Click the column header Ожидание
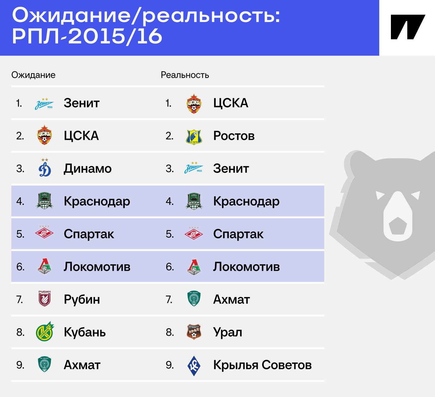pyautogui.click(x=33, y=75)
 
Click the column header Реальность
pyautogui.click(x=185, y=75)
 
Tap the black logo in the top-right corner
pyautogui.click(x=408, y=27)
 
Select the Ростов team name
pyautogui.click(x=234, y=136)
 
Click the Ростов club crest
pyautogui.click(x=194, y=137)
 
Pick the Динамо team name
pyautogui.click(x=88, y=169)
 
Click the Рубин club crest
pyautogui.click(x=44, y=298)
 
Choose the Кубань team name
pyautogui.click(x=85, y=332)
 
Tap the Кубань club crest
pyautogui.click(x=45, y=331)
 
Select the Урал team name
pyautogui.click(x=227, y=332)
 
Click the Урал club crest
pyautogui.click(x=194, y=332)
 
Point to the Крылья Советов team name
pyautogui.click(x=262, y=365)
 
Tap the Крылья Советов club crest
pyautogui.click(x=194, y=366)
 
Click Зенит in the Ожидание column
pyautogui.click(x=82, y=103)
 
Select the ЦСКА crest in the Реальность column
pyautogui.click(x=194, y=104)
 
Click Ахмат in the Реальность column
pyautogui.click(x=232, y=299)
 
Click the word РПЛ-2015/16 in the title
pyautogui.click(x=87, y=36)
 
